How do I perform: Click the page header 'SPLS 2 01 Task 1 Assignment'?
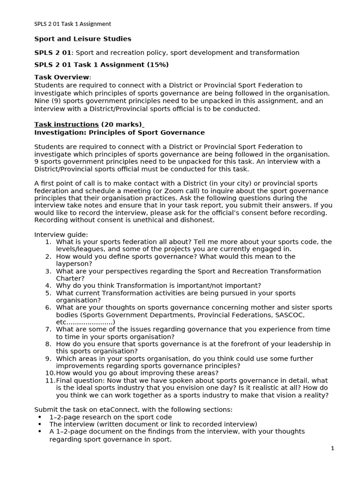[73, 24]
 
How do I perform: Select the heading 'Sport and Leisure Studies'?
[82, 39]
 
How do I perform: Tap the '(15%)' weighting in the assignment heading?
[158, 65]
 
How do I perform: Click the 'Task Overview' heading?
[62, 77]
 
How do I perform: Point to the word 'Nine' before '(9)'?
[42, 101]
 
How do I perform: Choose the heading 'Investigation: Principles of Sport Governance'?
[120, 133]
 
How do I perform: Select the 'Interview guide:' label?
[61, 234]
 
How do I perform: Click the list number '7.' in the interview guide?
[48, 330]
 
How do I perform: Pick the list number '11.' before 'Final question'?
[50, 381]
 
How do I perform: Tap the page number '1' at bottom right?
[332, 448]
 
